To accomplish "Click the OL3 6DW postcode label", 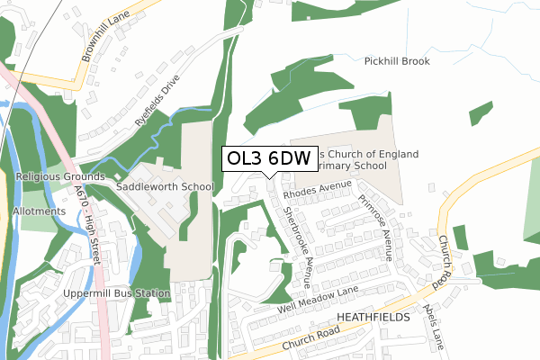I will tap(269, 158).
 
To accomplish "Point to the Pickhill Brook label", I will tap(397, 61).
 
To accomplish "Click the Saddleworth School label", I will tap(164, 187).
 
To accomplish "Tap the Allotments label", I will tap(39, 211).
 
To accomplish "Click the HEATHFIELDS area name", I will tap(373, 319).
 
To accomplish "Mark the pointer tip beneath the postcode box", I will tap(269, 177).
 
